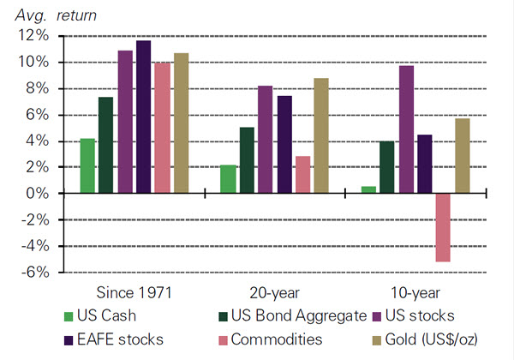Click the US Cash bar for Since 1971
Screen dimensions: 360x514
click(87, 166)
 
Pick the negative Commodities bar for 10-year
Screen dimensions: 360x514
click(441, 227)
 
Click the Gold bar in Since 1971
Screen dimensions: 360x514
click(181, 123)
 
